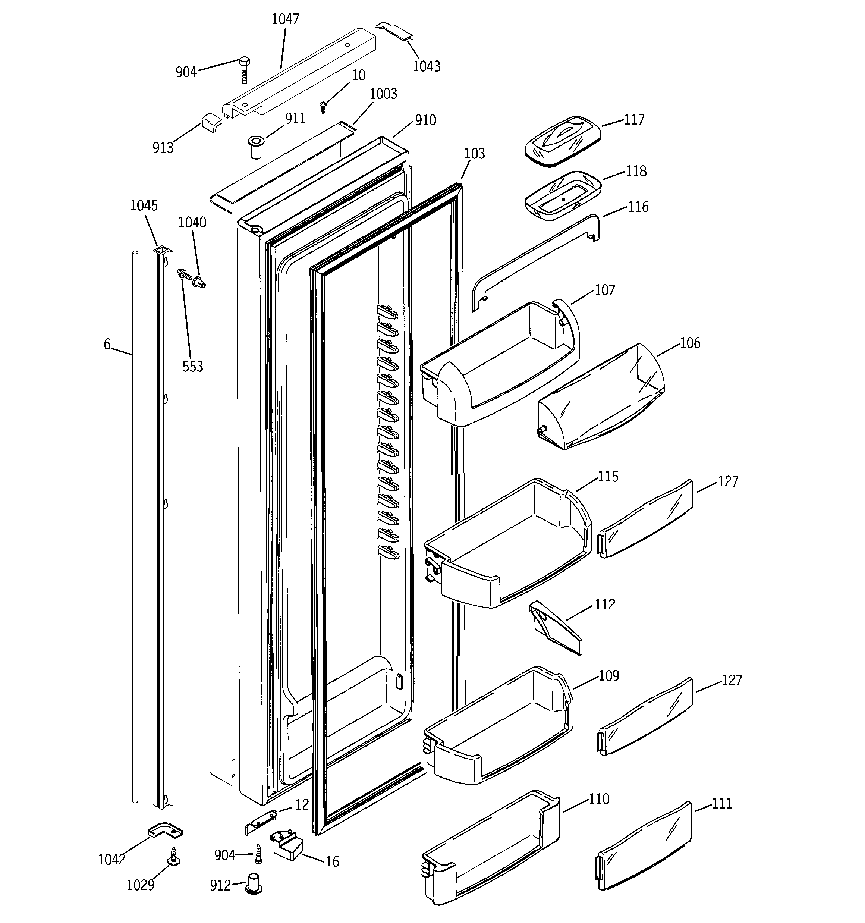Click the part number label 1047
285,19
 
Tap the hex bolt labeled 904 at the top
244,69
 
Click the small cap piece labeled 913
211,125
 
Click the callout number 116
638,207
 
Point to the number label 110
599,798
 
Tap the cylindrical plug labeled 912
254,883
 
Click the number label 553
192,367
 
